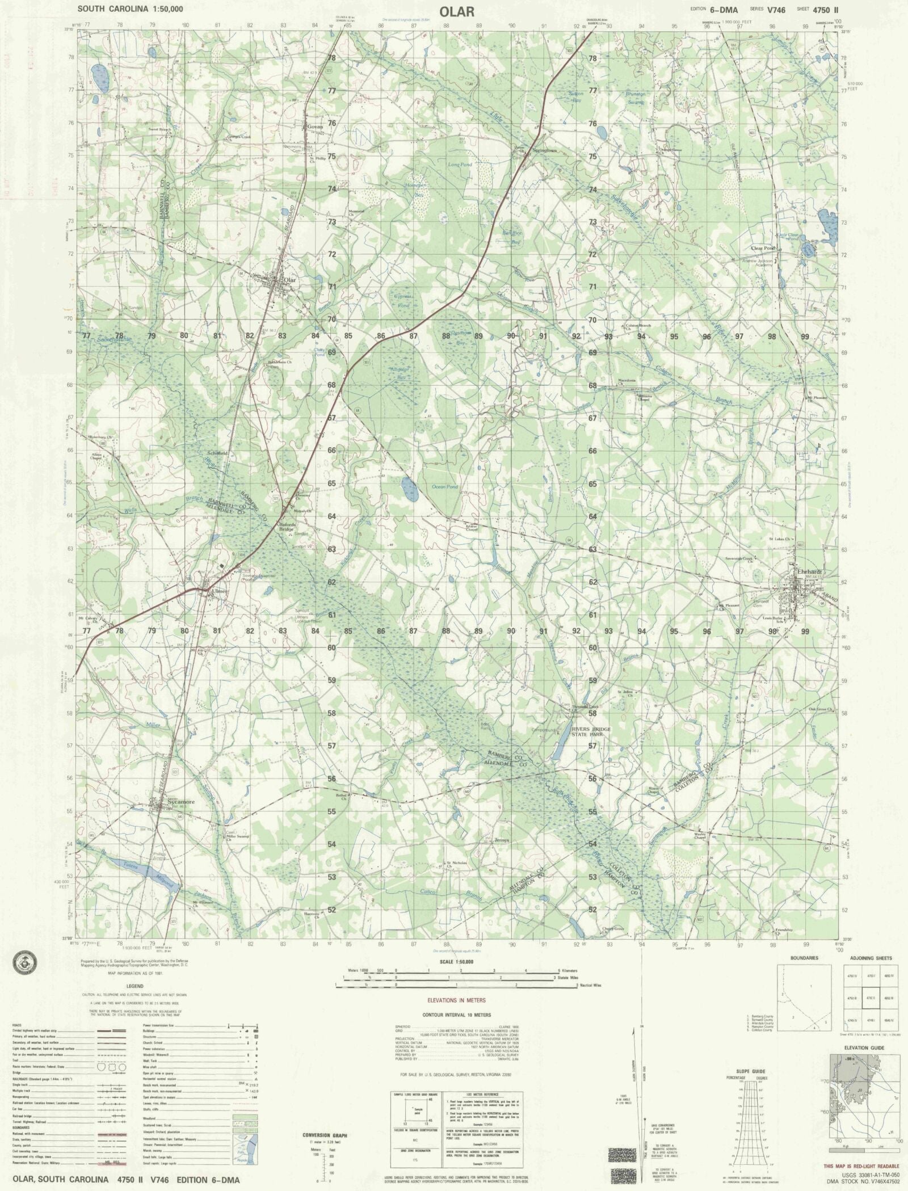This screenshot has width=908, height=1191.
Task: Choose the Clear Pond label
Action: [762, 248]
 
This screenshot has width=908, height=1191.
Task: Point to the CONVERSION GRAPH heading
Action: [326, 1120]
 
